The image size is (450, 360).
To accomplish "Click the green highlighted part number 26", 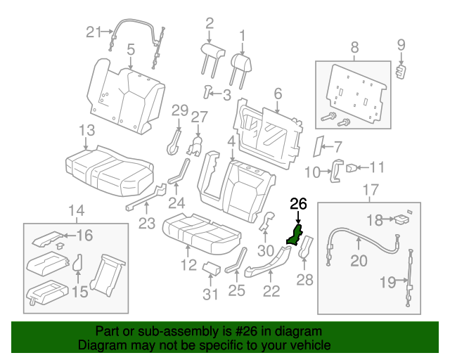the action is pos(295,236).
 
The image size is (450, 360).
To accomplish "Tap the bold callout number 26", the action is pos(298,204).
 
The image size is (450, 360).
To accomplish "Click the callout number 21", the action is pos(94,32).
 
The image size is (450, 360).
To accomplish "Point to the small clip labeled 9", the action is pos(401,72).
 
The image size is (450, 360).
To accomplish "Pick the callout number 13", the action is pos(86,130).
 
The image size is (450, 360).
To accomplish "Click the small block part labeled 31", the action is pos(212,268).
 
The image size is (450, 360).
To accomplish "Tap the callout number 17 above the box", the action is pos(371,190).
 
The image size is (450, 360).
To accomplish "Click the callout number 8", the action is pos(354,47).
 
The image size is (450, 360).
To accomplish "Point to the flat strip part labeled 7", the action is pos(317,146).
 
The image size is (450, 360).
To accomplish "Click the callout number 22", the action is pos(271,291).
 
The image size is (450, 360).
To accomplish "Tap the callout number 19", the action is pos(387,282).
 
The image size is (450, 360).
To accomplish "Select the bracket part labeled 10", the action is pos(337,171).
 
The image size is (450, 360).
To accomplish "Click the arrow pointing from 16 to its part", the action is pos(69,236).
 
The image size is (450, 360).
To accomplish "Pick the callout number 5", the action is pos(131,50).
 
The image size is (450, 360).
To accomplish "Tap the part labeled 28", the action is pos(306,247).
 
